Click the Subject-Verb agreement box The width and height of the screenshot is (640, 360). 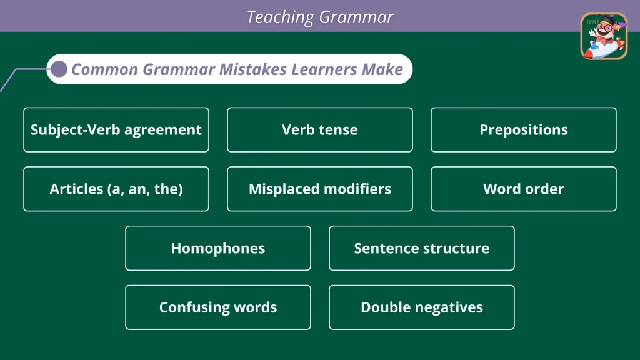point(116,130)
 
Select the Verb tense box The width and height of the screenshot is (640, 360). point(320,130)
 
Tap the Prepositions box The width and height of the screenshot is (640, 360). point(524,130)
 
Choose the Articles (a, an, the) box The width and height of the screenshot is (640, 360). point(116,189)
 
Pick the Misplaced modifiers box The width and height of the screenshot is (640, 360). point(320,189)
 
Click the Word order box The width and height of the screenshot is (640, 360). point(524,189)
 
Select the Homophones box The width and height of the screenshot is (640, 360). point(218,248)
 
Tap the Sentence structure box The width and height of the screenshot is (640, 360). point(422,248)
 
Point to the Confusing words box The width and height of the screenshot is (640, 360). point(218,307)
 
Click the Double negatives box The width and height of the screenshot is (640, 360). point(422,307)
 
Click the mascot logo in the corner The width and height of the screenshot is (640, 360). point(604,36)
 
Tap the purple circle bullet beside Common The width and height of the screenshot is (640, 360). point(59,69)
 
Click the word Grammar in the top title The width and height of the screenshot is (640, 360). point(356,17)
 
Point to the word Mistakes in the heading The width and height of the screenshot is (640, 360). point(253,69)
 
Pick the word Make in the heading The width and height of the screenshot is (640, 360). point(382,69)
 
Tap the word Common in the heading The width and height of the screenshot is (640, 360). point(105,70)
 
